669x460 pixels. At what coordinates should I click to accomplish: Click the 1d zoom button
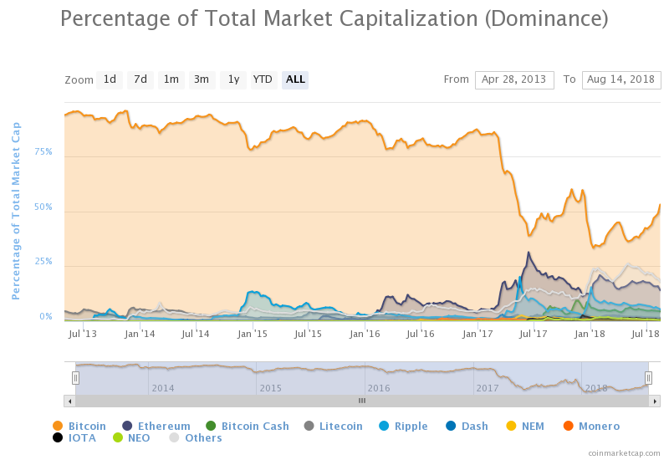[110, 79]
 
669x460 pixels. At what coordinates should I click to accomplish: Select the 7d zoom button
[140, 79]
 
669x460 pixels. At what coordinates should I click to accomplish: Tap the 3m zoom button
[202, 79]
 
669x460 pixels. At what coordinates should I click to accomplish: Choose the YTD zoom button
[263, 79]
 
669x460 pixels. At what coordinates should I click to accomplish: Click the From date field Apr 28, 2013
[514, 79]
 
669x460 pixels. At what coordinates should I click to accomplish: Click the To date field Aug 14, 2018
[621, 79]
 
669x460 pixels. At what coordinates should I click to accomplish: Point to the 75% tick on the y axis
[43, 152]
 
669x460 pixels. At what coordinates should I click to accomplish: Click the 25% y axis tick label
[43, 262]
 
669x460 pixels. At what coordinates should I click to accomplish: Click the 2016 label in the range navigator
[378, 388]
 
